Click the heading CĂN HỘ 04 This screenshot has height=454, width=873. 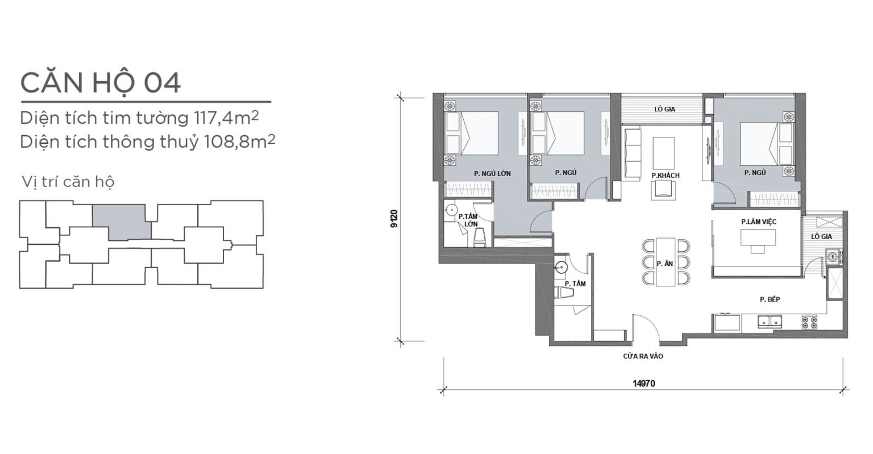(x=101, y=82)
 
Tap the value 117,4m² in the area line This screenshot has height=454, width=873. (x=225, y=118)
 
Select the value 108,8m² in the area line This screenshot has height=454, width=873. (x=240, y=142)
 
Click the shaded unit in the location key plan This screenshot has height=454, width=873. (x=122, y=222)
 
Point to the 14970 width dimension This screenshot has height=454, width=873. (x=643, y=384)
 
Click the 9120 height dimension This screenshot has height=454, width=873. (x=394, y=219)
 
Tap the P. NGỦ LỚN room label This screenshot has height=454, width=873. (x=492, y=174)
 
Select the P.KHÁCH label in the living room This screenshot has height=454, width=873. (x=666, y=176)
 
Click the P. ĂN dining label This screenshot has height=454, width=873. (x=664, y=264)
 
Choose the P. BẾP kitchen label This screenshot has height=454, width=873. (x=770, y=299)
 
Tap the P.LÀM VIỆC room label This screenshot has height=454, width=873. (x=759, y=222)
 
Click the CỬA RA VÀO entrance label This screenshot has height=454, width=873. (x=643, y=356)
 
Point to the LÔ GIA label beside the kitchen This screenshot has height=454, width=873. (x=821, y=236)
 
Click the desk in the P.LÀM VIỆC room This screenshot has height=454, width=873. (x=758, y=238)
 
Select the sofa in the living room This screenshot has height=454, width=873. (x=633, y=155)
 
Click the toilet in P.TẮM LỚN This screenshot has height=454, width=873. (x=479, y=237)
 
